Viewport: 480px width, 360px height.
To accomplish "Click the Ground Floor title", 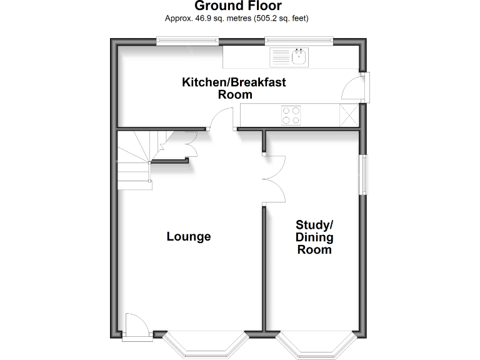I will (237, 7).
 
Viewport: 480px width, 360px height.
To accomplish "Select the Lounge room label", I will (188, 237).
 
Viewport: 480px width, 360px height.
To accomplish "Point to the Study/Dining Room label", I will (314, 237).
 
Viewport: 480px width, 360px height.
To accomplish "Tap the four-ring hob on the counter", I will (291, 115).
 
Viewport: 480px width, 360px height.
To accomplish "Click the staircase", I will (136, 162).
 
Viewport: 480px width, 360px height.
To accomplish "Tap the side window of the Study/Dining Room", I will (363, 176).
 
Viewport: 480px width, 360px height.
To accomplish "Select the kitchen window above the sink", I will (299, 41).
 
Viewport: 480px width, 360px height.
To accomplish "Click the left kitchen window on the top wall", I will (187, 41).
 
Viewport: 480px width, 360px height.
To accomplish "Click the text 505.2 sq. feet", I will (281, 18).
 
